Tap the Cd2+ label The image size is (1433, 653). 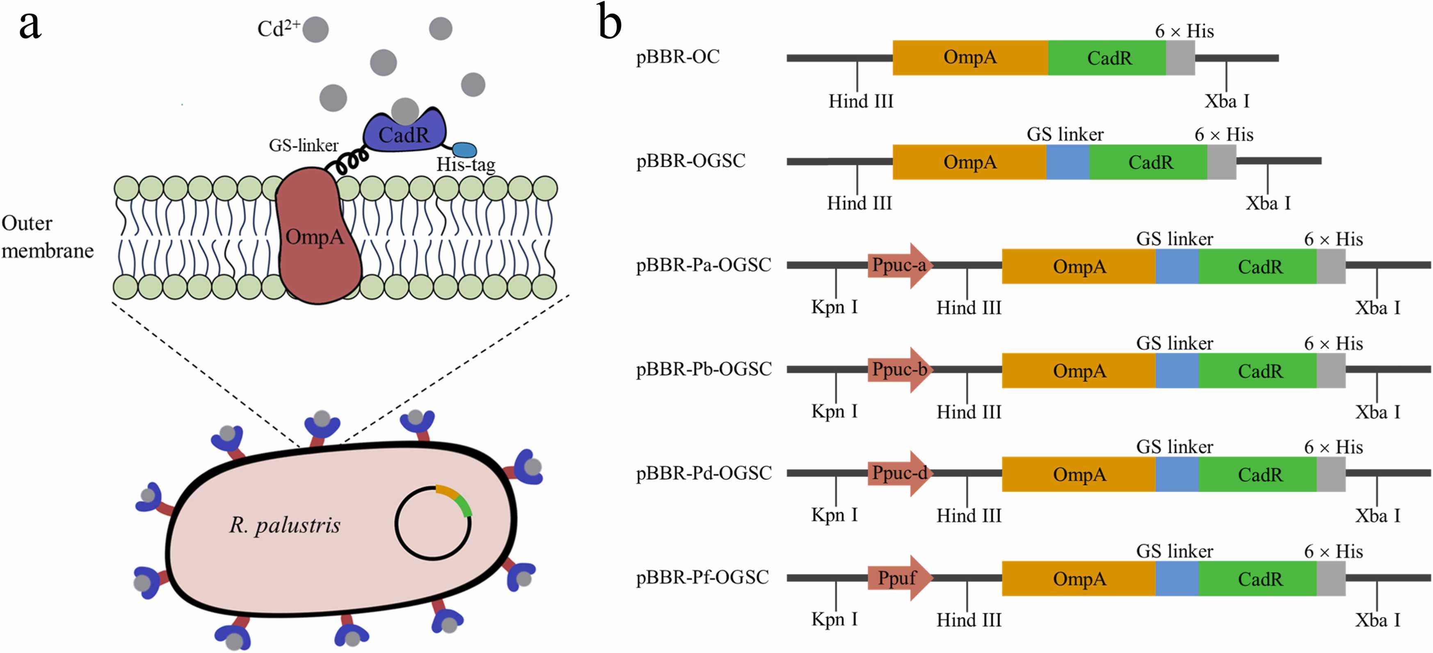pos(278,28)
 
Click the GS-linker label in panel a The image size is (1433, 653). pos(304,146)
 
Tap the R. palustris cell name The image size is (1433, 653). pos(285,525)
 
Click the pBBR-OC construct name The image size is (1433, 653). pos(678,57)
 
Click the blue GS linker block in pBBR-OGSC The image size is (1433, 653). pos(1067,162)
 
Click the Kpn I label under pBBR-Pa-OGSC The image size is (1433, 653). pos(834,307)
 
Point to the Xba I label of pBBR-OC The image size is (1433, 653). pos(1227,101)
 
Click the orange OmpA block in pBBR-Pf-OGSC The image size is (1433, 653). pos(1079,578)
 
